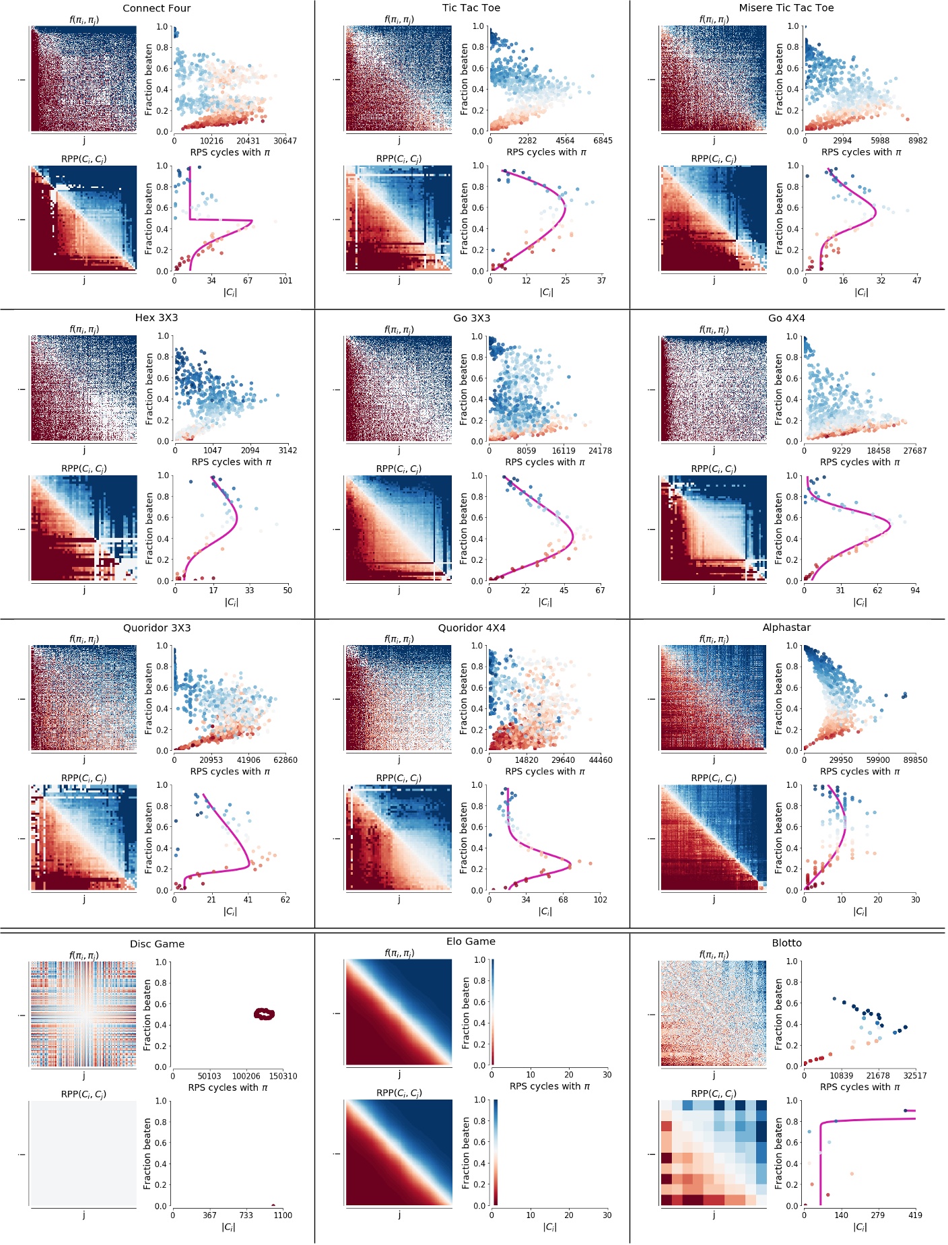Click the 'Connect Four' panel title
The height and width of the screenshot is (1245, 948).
click(156, 8)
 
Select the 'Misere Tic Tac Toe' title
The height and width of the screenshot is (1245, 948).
click(786, 8)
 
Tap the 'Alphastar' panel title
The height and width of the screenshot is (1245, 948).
click(786, 628)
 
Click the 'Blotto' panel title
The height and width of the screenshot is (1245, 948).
click(786, 943)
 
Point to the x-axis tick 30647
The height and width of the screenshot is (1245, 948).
click(285, 141)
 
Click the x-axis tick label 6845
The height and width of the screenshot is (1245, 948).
click(602, 141)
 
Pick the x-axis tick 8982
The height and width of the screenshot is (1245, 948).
click(917, 141)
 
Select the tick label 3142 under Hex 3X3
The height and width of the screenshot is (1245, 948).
click(287, 450)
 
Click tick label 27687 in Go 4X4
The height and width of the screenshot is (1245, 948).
click(915, 451)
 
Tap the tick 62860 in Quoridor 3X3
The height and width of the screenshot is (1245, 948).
click(285, 760)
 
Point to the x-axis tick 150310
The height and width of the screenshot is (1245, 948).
click(283, 1076)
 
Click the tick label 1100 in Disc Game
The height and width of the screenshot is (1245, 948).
click(283, 1215)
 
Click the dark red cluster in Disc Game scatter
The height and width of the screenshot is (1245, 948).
click(264, 1014)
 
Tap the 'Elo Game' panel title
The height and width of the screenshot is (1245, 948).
click(471, 942)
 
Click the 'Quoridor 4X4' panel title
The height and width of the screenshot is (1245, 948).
click(471, 628)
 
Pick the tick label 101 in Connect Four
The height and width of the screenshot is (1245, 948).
click(285, 281)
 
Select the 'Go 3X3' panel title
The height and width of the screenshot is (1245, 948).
click(471, 318)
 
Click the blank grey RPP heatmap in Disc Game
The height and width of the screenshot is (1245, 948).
click(83, 1153)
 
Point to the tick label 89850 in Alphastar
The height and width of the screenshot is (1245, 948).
click(915, 760)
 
